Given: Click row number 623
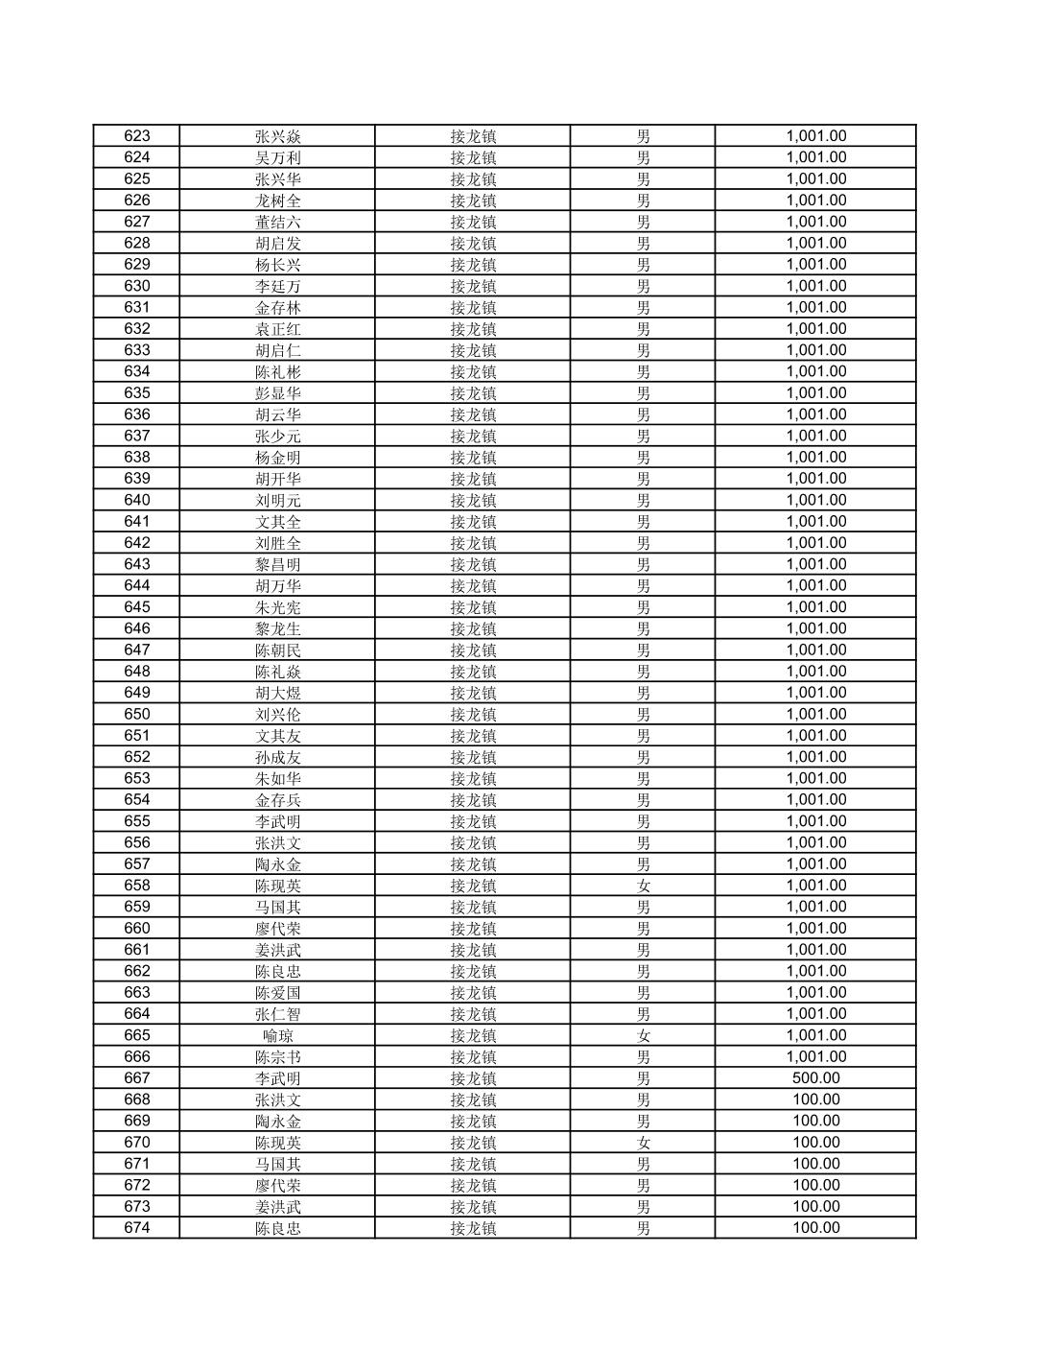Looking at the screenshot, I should point(137,136).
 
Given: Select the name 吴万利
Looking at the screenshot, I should point(277,157).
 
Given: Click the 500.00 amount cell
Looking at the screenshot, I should point(815,1078).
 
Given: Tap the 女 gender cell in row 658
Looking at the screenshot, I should point(643,886).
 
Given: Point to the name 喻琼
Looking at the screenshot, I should point(277,1035).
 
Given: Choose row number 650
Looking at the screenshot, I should point(137,714).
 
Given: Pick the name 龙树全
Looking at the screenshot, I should point(277,201).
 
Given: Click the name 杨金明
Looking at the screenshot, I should point(277,458).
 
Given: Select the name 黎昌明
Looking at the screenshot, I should point(277,564).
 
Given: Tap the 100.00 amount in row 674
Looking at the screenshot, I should point(815,1228).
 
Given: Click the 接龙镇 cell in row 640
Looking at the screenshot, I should point(473,500).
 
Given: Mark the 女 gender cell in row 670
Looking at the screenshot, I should point(643,1143).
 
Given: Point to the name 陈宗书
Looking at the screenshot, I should point(277,1056).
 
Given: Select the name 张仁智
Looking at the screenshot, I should point(277,1014).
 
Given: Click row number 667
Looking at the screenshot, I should point(137,1078).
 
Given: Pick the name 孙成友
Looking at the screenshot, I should point(277,757).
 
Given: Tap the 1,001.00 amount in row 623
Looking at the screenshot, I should point(815,136).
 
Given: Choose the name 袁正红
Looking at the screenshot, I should point(277,329).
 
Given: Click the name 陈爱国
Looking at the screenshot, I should point(277,993).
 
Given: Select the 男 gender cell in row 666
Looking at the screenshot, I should point(643,1056).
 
